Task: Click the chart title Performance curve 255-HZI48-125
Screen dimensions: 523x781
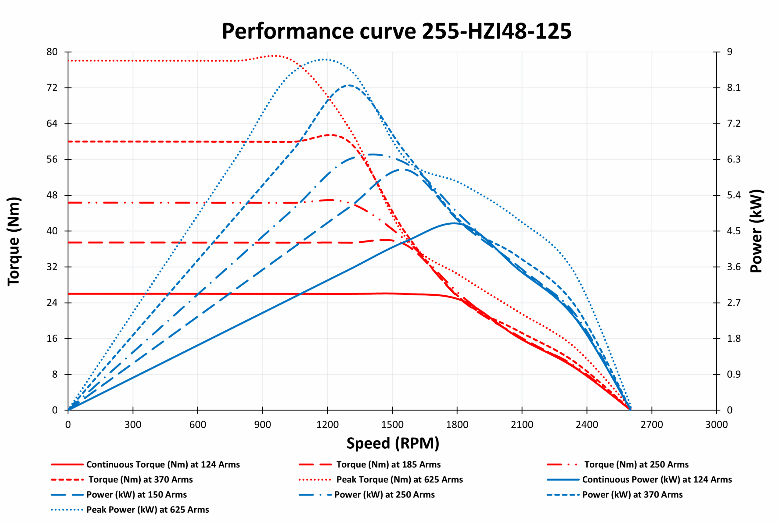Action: click(396, 31)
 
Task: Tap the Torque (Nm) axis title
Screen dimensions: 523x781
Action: click(14, 241)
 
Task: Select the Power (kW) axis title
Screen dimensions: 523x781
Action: click(756, 231)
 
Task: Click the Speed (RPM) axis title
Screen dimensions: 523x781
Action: click(393, 443)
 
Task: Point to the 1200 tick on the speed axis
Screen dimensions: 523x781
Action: click(327, 425)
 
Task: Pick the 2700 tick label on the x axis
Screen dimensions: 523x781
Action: click(651, 425)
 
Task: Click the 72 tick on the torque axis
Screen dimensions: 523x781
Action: click(52, 88)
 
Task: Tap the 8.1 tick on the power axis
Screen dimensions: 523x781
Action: click(734, 88)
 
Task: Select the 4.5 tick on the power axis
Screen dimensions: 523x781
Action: click(734, 231)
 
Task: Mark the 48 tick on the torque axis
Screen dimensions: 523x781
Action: click(52, 195)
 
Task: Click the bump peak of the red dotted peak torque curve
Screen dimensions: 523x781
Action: click(275, 56)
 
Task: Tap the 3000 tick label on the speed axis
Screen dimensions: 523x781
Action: click(716, 425)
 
